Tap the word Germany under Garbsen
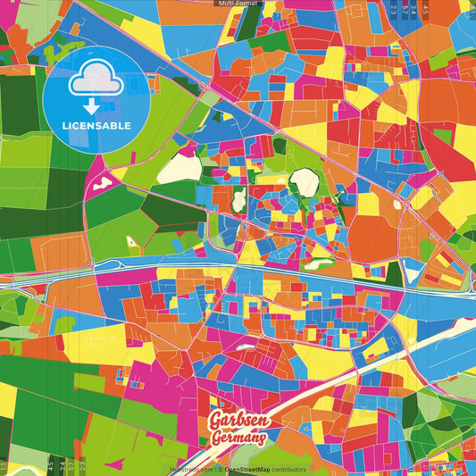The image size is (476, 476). [x=238, y=438]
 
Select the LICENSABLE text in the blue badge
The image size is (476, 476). [x=96, y=126]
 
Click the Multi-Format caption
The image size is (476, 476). [x=238, y=4]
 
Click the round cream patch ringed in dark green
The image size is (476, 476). [x=304, y=181]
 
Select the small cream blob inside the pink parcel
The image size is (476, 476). [x=101, y=182]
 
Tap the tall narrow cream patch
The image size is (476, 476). [x=238, y=204]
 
